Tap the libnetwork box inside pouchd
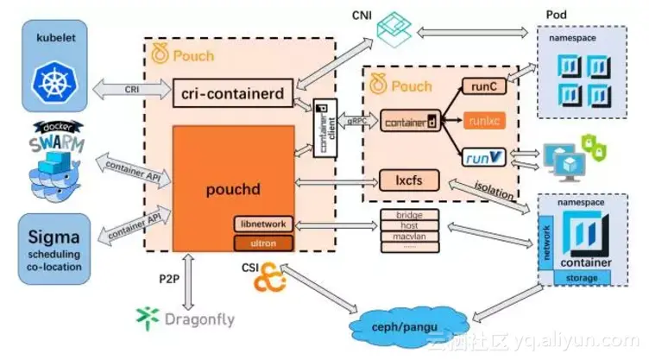coord(263,224)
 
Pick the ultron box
coord(263,243)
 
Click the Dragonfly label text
coord(199,319)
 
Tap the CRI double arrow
coord(130,87)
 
